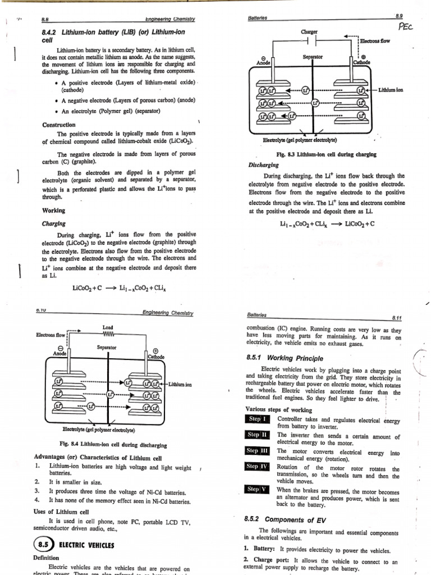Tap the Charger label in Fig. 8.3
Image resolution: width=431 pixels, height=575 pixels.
click(310, 32)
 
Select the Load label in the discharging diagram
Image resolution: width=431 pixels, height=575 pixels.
click(107, 327)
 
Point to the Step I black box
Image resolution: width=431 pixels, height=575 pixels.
click(258, 419)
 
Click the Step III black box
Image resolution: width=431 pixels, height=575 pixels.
click(258, 450)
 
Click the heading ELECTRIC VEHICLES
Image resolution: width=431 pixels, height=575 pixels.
click(86, 545)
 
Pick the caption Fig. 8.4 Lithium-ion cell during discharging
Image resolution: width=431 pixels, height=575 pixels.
click(109, 445)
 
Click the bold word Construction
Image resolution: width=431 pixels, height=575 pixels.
click(59, 125)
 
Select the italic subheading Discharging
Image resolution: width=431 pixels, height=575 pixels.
click(264, 165)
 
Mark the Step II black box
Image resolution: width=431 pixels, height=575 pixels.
click(258, 435)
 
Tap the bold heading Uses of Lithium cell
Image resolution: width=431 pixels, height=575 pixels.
click(67, 512)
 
